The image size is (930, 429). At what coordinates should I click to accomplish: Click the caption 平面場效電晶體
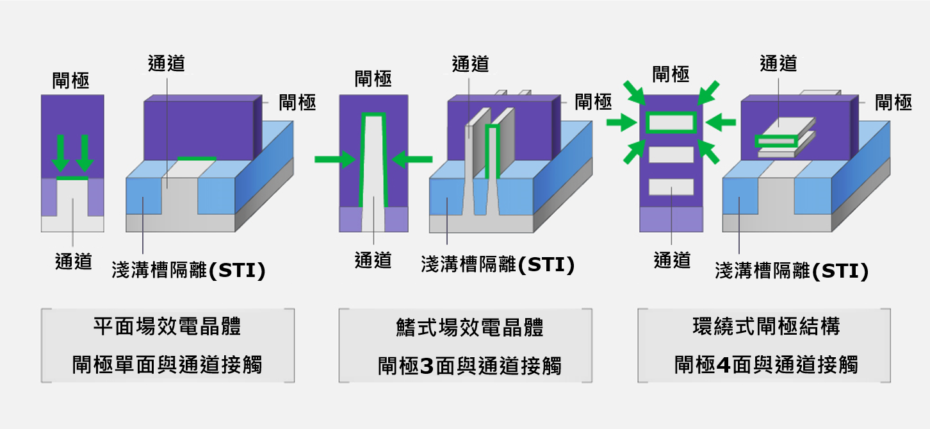tap(167, 326)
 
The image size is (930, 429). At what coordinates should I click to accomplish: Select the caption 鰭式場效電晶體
tap(469, 327)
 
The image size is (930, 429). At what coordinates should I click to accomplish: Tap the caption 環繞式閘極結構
tap(767, 326)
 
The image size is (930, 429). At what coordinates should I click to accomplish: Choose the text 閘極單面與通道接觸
tap(167, 365)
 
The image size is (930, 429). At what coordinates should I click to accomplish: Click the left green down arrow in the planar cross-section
tap(61, 153)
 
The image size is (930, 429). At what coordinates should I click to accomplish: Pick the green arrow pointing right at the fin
tap(335, 159)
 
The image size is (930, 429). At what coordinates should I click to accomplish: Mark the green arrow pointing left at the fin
tap(412, 159)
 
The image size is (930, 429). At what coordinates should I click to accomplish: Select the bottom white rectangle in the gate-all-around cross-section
tap(671, 187)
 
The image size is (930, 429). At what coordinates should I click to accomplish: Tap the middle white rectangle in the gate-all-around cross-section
tap(671, 155)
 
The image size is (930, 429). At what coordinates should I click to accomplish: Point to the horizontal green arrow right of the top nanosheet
tap(721, 122)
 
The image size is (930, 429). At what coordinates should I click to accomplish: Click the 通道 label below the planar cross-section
tap(74, 262)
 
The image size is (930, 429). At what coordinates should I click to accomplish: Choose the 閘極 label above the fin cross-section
tap(373, 79)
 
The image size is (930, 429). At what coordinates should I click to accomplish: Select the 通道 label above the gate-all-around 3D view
tap(778, 63)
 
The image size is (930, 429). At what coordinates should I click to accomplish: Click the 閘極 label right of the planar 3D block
tap(297, 102)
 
